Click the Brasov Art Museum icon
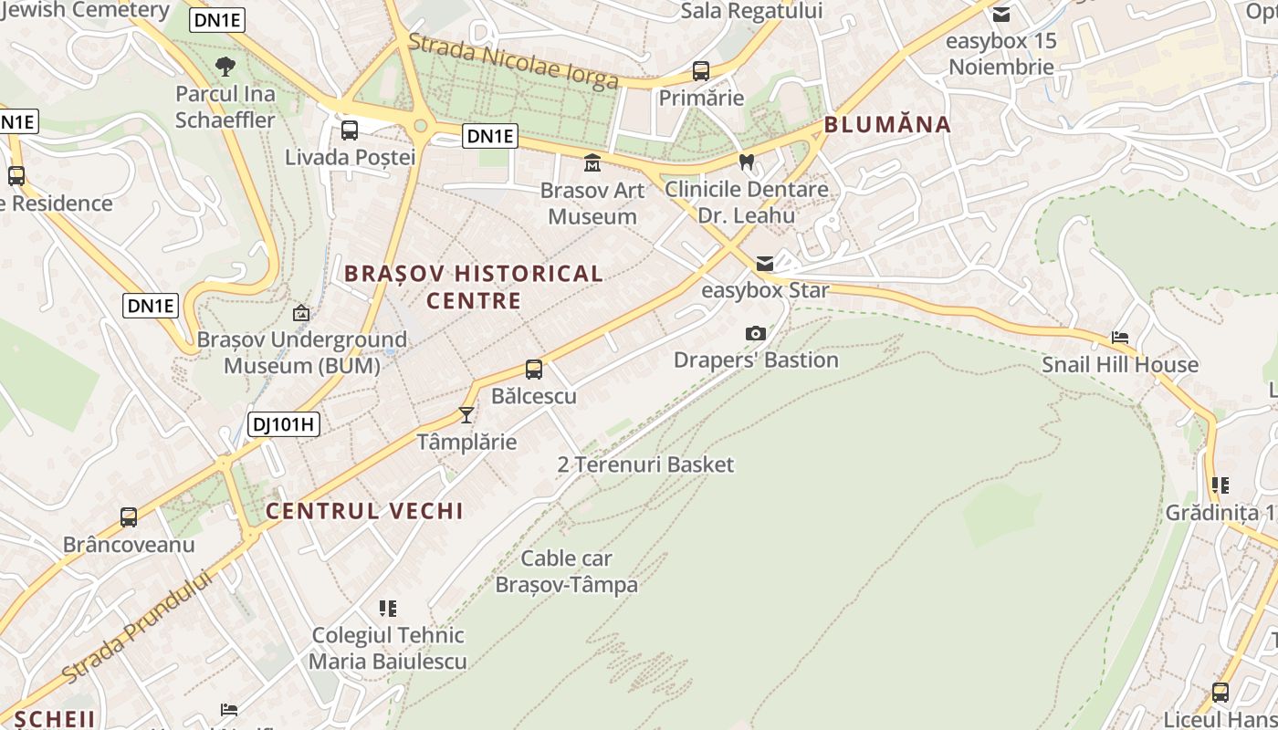(592, 163)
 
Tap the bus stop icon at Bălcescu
(534, 370)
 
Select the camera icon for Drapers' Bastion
(755, 333)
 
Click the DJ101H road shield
(283, 423)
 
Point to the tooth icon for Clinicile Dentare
(746, 162)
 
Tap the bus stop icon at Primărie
(701, 71)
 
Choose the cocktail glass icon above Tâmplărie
(466, 415)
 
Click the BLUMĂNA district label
(887, 125)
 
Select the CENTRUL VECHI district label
(364, 511)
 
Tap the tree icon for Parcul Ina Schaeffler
(225, 67)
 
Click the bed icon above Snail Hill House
(1120, 338)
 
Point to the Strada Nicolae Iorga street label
(513, 62)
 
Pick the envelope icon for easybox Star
(764, 264)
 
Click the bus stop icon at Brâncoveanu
(129, 517)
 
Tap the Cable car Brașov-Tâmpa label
(566, 571)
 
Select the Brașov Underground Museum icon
(300, 313)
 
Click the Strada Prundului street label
(137, 627)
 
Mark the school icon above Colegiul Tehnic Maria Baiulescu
(388, 608)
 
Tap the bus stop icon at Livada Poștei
(350, 130)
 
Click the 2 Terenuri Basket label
(645, 464)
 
